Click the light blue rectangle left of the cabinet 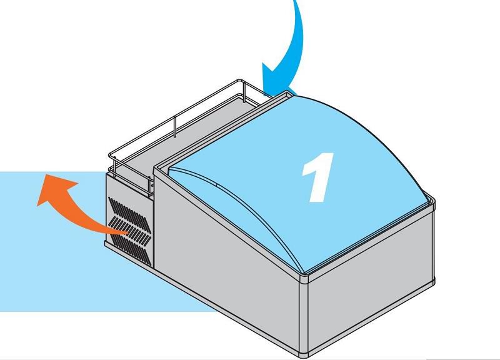(x=50, y=262)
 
